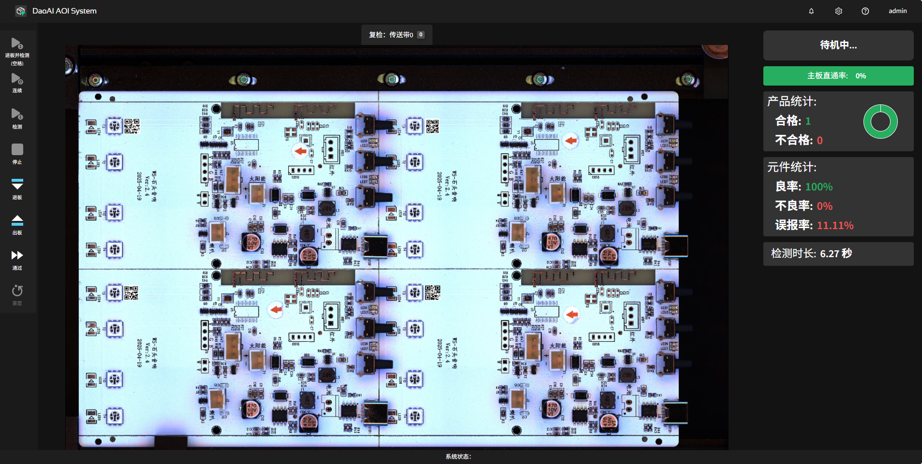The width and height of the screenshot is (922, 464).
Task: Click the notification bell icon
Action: pos(811,11)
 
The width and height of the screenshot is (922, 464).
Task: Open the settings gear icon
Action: pos(838,11)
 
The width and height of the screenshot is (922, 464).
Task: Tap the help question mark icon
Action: pos(865,11)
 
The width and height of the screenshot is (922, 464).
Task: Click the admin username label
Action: pos(897,11)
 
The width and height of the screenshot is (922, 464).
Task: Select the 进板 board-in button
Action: pos(17,188)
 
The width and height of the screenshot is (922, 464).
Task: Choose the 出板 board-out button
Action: pos(17,224)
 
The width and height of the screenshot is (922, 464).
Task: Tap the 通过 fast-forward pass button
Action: pos(17,259)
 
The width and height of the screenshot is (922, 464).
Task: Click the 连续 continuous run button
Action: pos(17,82)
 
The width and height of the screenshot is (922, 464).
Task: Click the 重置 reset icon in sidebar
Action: pos(17,294)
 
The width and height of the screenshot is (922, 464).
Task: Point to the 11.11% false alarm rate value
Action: pos(835,225)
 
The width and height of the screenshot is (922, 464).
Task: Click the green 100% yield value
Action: pos(818,187)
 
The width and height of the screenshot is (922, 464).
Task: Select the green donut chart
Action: pos(880,121)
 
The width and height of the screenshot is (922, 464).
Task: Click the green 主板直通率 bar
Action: pos(838,76)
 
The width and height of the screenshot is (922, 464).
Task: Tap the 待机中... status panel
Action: pos(838,45)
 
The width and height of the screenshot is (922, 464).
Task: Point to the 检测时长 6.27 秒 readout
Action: pos(811,253)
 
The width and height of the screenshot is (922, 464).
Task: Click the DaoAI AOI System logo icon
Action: pos(21,11)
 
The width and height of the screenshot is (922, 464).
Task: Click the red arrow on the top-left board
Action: pos(300,151)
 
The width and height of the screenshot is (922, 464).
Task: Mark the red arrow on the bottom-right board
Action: pos(572,315)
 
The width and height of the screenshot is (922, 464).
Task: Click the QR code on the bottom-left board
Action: pos(131,293)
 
